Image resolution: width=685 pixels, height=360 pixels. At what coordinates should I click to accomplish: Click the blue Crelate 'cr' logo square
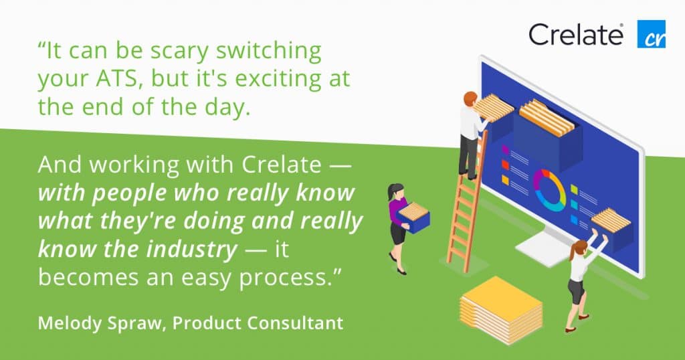652,33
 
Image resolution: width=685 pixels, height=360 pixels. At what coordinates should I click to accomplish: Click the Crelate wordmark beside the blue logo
576,35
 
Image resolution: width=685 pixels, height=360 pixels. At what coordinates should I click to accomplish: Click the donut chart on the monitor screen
549,189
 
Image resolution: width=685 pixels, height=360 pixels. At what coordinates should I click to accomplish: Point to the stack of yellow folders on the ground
500,309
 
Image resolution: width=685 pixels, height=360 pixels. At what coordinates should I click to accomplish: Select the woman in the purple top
399,228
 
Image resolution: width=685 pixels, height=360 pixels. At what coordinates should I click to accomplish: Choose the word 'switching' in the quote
269,52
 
